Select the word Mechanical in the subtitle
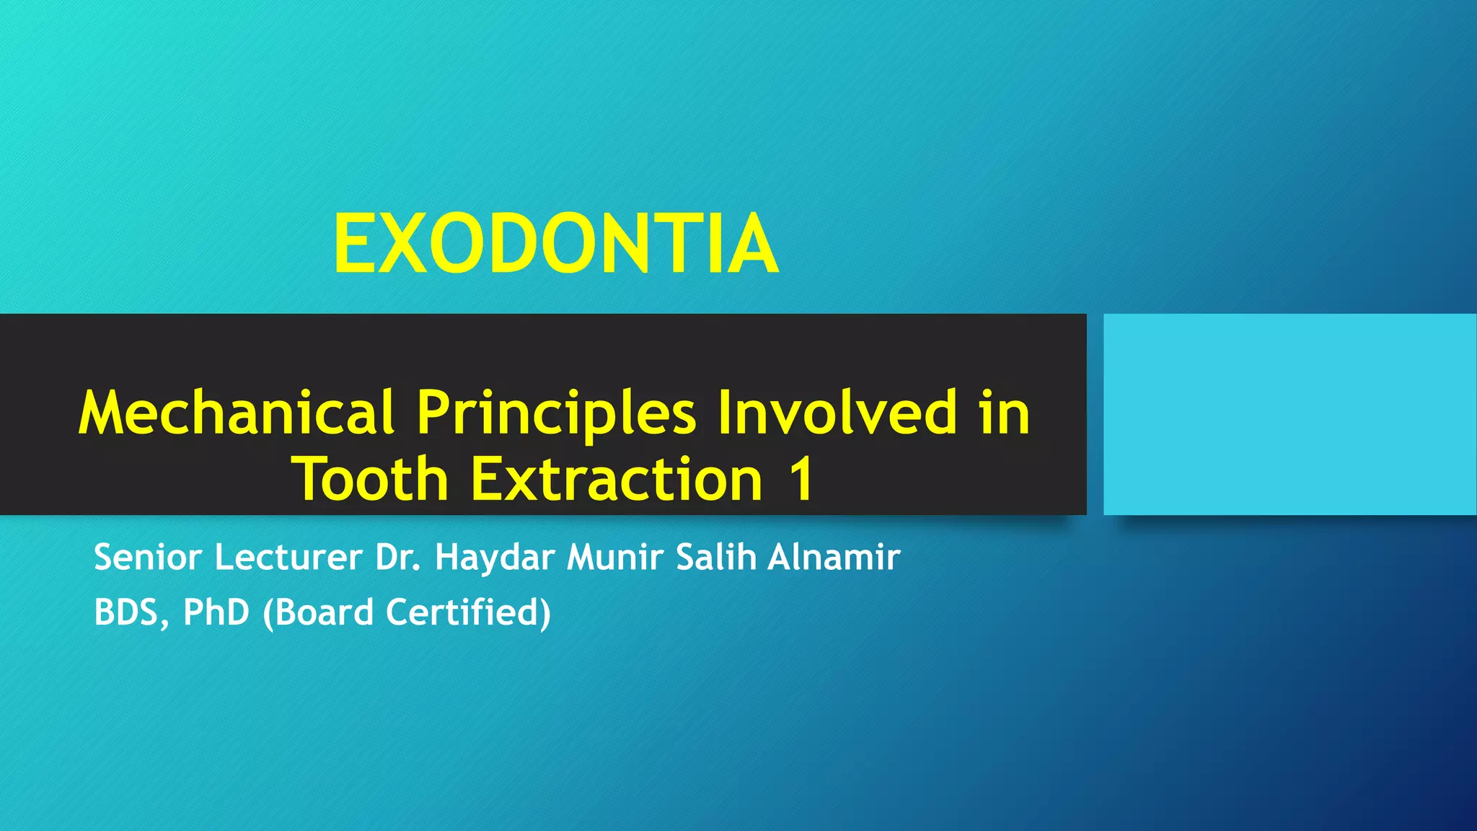coord(237,413)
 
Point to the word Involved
coord(837,413)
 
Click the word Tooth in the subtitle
coord(370,479)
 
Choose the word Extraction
coord(617,479)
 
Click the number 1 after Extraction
coord(801,479)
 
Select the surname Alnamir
coord(834,558)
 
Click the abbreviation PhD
coord(216,612)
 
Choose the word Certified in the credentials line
coord(468,612)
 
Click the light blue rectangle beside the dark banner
coord(1289,414)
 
